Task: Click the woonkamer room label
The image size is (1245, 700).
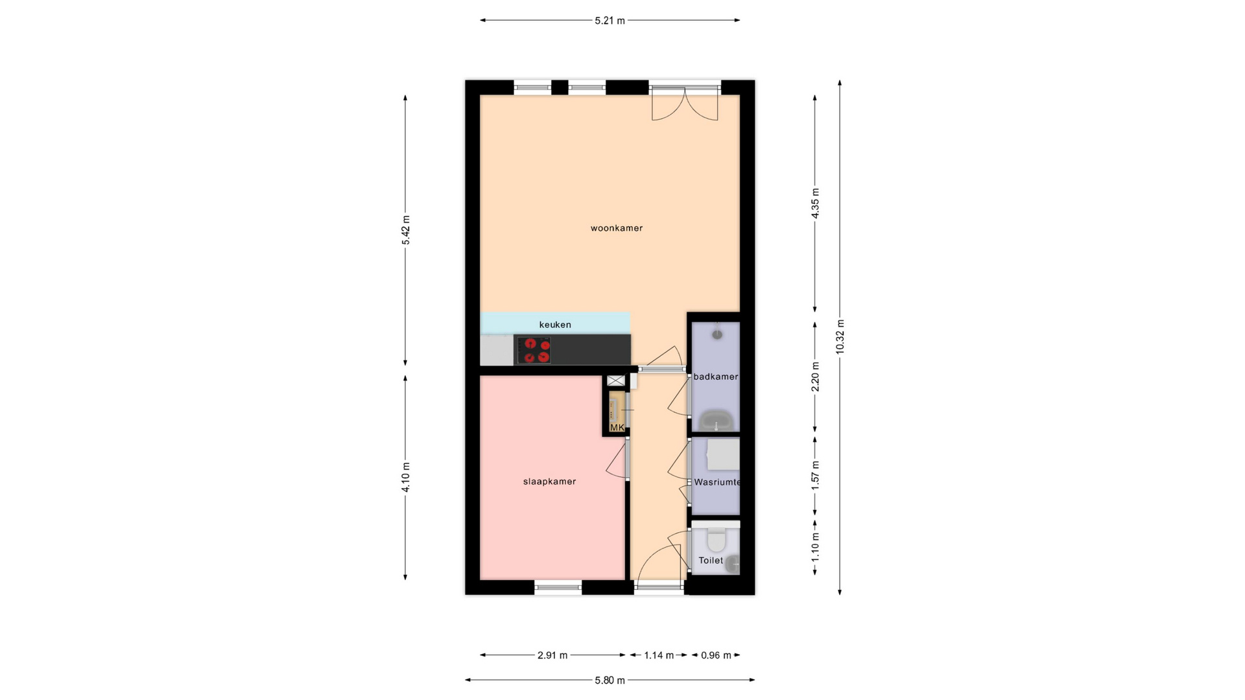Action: point(616,228)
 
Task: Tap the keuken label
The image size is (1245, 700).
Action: point(555,325)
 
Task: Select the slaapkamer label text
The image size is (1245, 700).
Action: point(549,482)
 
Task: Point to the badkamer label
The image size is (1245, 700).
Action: point(716,377)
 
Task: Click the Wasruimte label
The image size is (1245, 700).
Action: point(717,482)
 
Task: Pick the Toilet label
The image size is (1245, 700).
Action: point(711,561)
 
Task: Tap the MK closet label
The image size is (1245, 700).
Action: point(617,428)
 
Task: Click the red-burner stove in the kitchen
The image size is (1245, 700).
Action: point(534,350)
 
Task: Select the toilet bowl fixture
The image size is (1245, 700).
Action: point(716,540)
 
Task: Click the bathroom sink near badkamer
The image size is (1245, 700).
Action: point(717,420)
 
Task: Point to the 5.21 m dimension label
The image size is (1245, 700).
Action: point(610,21)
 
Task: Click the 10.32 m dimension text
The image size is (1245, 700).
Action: point(840,337)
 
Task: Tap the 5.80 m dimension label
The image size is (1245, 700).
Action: point(610,681)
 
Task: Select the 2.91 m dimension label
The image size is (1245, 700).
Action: point(552,655)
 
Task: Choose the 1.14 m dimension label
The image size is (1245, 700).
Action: point(659,655)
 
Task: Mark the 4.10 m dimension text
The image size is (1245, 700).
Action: point(406,477)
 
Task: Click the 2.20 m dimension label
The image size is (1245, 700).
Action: point(816,377)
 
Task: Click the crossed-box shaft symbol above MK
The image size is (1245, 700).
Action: point(615,380)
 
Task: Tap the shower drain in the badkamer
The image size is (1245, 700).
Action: point(717,334)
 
